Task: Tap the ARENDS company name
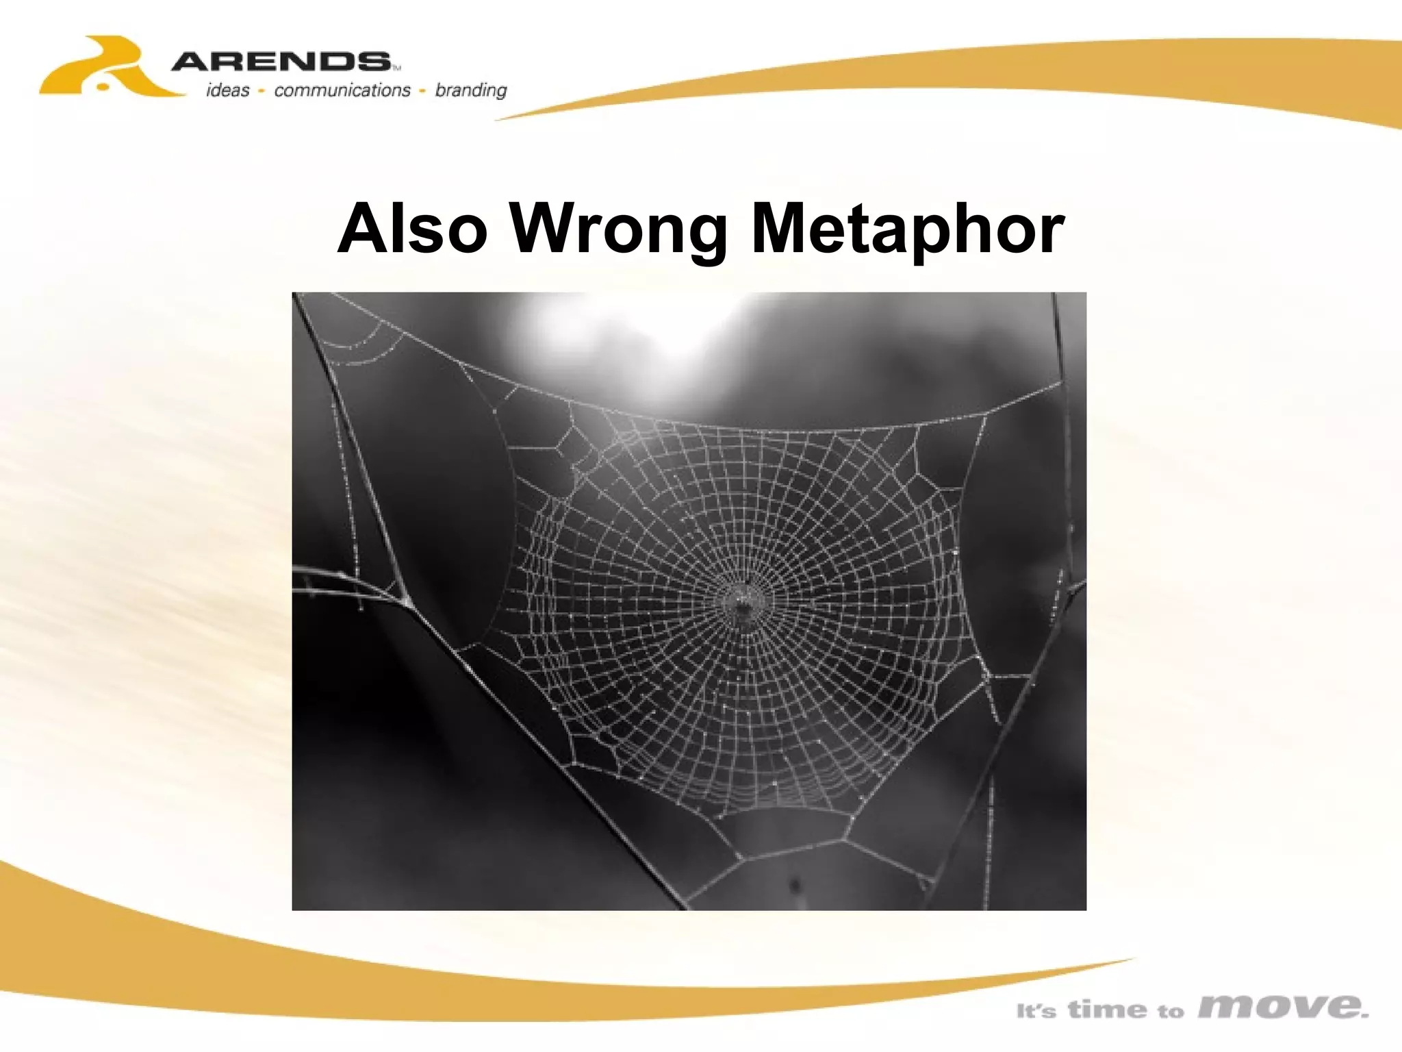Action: (x=281, y=62)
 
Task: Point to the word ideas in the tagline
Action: (x=228, y=90)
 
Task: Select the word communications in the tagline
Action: (x=342, y=90)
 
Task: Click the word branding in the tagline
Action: (x=471, y=91)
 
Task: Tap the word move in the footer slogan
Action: (x=1283, y=1007)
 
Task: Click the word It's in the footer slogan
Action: (x=1036, y=1011)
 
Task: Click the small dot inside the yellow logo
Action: (x=103, y=86)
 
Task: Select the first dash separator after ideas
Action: (x=262, y=91)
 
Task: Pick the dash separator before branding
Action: (x=423, y=91)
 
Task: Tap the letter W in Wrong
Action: (x=548, y=228)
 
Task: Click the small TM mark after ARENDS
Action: (x=396, y=68)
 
